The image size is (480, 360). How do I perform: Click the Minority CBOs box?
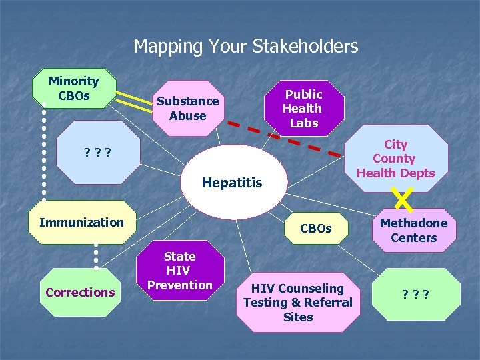tap(74, 88)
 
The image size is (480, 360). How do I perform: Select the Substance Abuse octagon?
tap(187, 109)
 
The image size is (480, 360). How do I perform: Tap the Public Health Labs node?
tap(304, 108)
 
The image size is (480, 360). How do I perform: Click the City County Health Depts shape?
tap(395, 159)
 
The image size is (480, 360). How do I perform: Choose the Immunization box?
tap(82, 222)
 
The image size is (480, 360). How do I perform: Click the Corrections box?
tap(80, 292)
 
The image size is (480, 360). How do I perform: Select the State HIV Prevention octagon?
tap(179, 271)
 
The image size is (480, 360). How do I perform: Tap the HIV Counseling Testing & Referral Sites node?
tap(297, 303)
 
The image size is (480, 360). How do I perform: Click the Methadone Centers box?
tap(413, 230)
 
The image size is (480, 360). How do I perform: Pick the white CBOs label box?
tap(315, 229)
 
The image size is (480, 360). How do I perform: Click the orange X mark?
tap(401, 197)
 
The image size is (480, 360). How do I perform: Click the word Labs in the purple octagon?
tap(304, 123)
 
